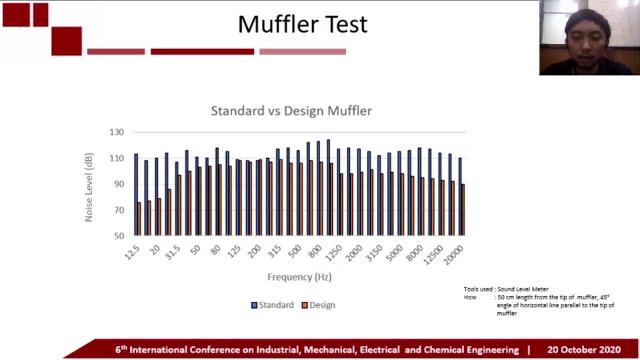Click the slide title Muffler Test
pyautogui.click(x=302, y=24)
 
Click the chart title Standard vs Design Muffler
pyautogui.click(x=291, y=110)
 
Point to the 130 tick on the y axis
pyautogui.click(x=116, y=132)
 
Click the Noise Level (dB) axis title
pyautogui.click(x=88, y=187)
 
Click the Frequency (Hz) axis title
pyautogui.click(x=299, y=277)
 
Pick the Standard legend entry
pyautogui.click(x=272, y=305)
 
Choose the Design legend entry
pyautogui.click(x=318, y=305)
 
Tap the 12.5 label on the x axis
pyautogui.click(x=132, y=252)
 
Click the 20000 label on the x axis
pyautogui.click(x=453, y=254)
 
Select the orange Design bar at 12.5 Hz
pyautogui.click(x=139, y=219)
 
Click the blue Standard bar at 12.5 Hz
pyautogui.click(x=135, y=195)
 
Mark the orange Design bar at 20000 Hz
pyautogui.click(x=463, y=210)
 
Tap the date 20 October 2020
pyautogui.click(x=583, y=350)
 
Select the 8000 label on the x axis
pyautogui.click(x=414, y=253)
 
